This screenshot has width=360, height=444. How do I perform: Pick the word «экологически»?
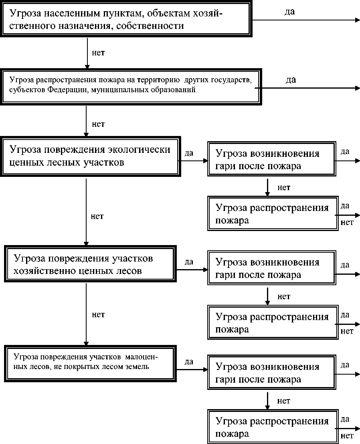pyautogui.click(x=140, y=150)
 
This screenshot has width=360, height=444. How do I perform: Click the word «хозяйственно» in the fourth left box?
pyautogui.click(x=47, y=271)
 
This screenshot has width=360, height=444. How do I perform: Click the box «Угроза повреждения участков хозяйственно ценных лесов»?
pyautogui.click(x=90, y=265)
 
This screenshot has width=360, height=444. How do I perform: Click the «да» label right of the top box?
pyautogui.click(x=289, y=12)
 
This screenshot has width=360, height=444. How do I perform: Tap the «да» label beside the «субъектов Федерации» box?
pyautogui.click(x=291, y=79)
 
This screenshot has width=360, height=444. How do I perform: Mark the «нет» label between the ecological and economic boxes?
pyautogui.click(x=97, y=216)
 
